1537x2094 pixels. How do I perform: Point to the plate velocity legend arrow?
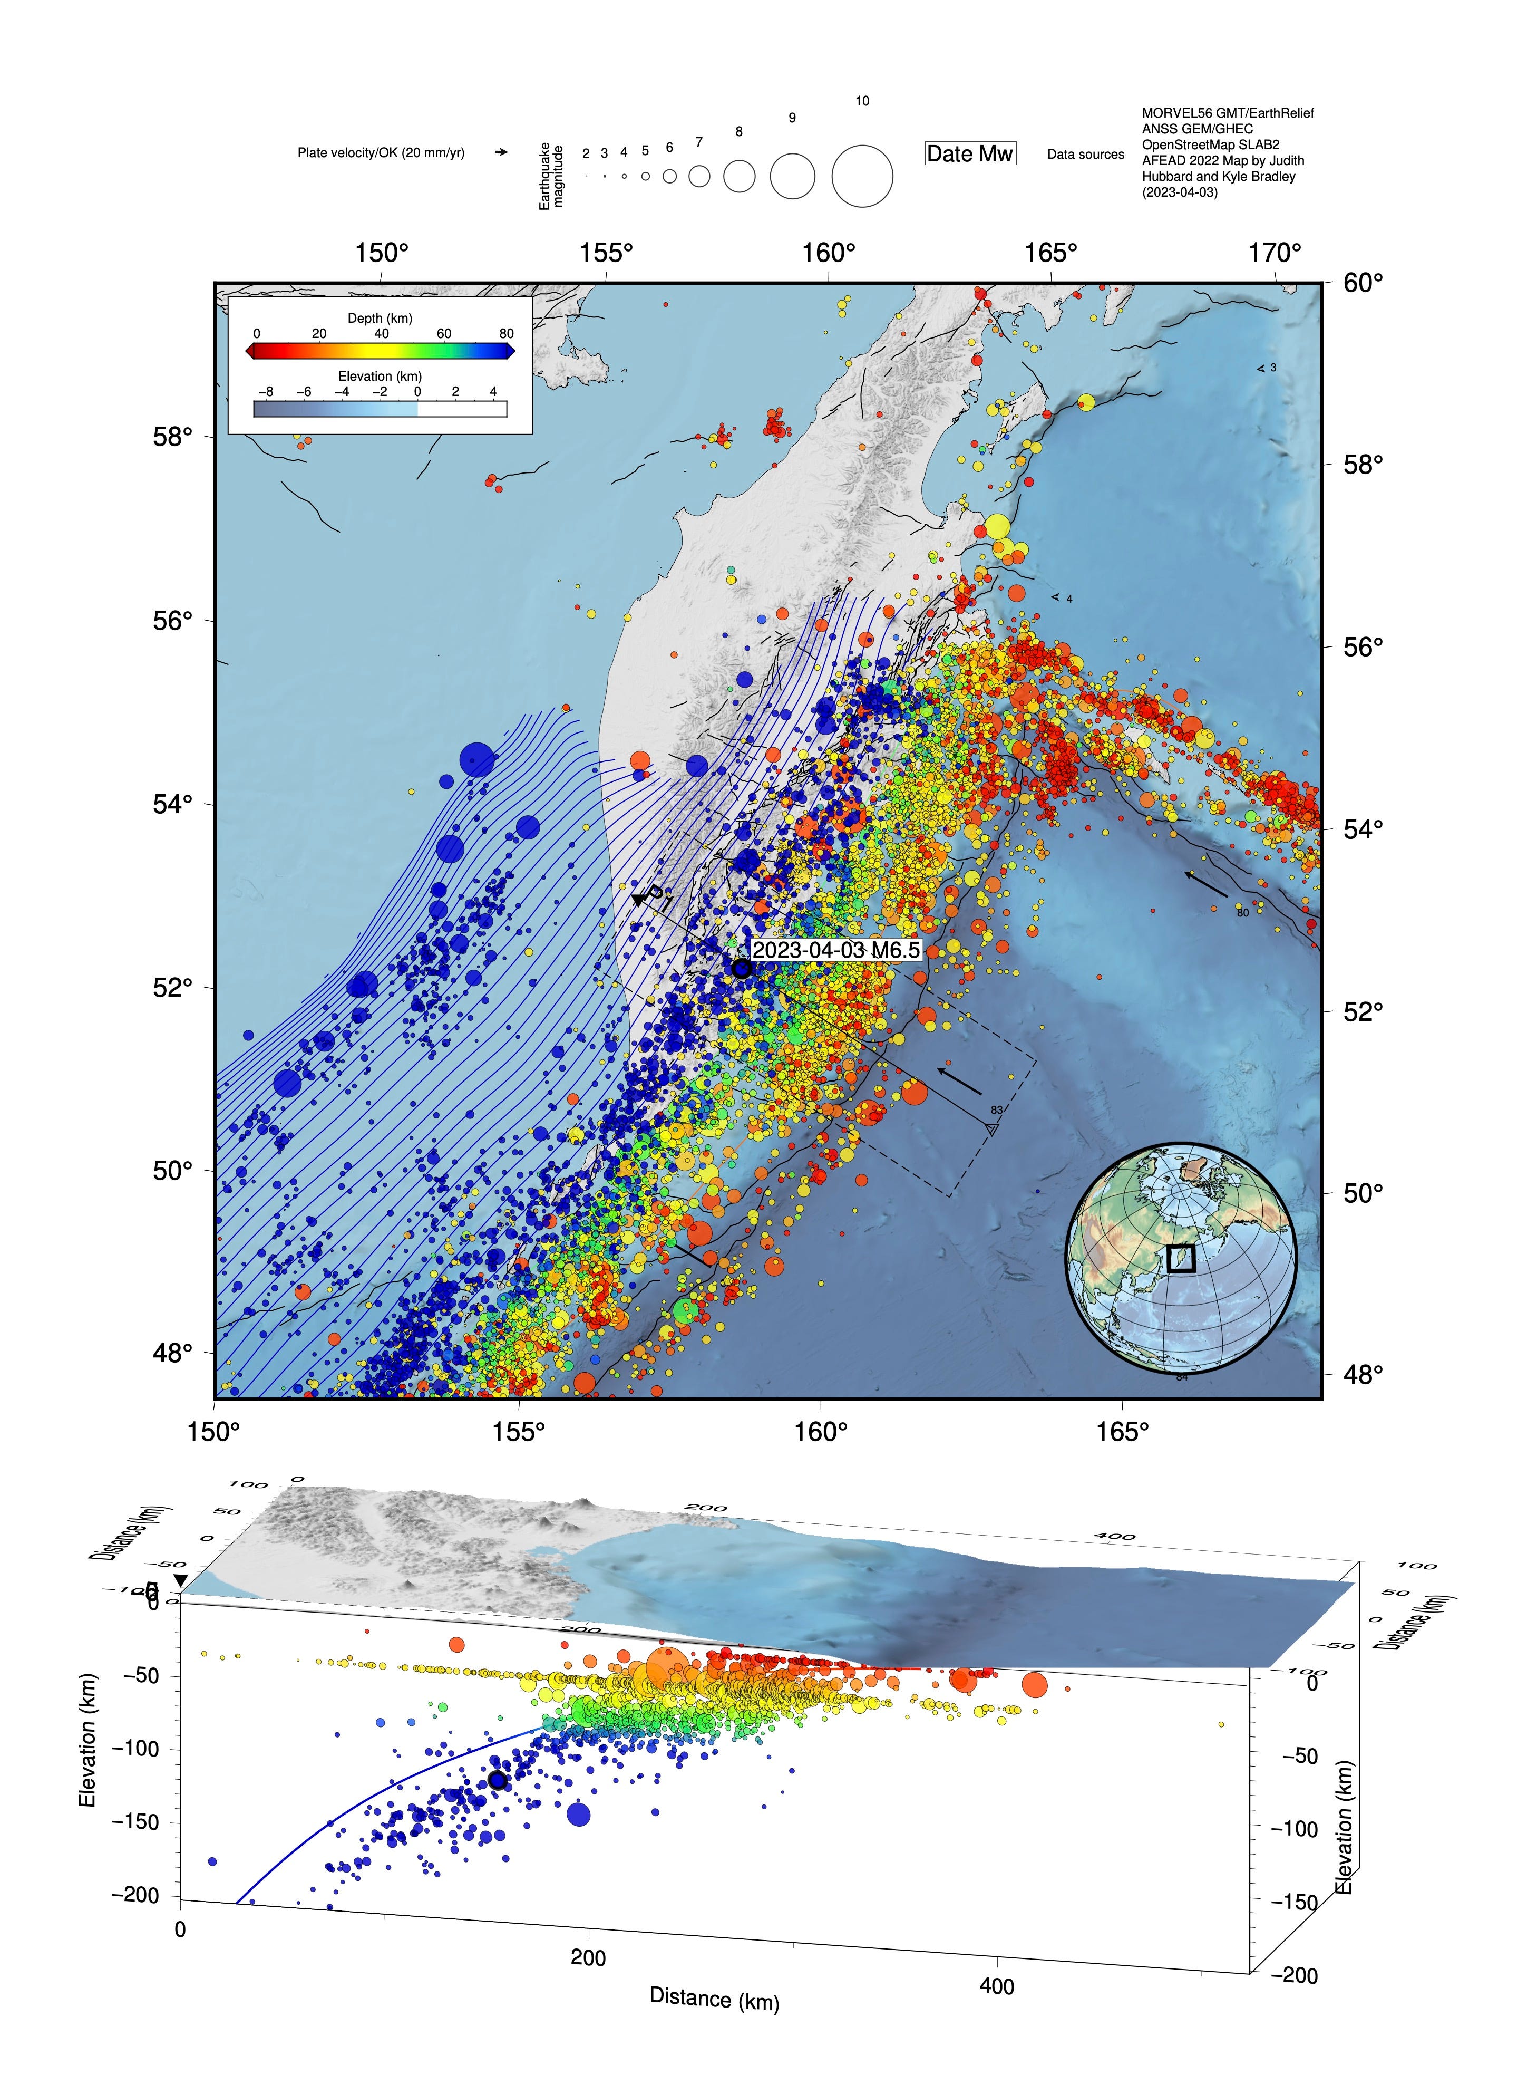click(x=501, y=152)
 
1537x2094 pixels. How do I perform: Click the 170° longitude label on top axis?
click(x=1275, y=253)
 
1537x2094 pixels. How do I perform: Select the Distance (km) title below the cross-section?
click(x=714, y=1998)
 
